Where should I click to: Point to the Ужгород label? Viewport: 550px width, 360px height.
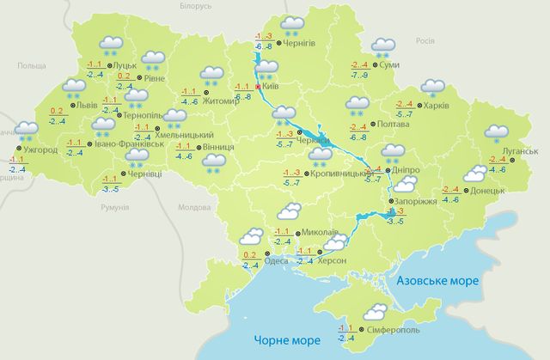click(40, 150)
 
